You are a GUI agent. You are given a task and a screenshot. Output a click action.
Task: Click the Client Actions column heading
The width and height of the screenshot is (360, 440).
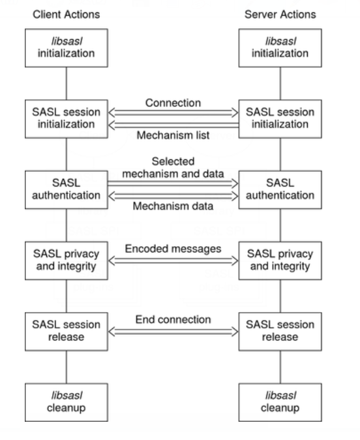point(66,14)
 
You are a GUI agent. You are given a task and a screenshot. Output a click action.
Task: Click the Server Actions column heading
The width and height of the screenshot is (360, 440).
point(280,14)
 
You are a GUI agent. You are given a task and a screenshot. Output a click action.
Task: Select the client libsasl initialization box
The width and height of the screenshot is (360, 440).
point(67,48)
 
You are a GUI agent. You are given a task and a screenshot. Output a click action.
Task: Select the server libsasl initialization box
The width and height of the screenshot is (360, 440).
point(280,48)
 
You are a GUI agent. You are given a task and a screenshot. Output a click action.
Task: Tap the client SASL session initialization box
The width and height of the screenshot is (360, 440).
point(67,119)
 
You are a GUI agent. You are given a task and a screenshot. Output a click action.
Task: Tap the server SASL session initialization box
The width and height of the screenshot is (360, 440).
point(280,119)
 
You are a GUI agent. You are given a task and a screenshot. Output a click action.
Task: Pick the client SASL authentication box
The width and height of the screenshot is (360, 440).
point(67,190)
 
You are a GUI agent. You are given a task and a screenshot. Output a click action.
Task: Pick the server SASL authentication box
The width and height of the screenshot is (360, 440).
point(280,190)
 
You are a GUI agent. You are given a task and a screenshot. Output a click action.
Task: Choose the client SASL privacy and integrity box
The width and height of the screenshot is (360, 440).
point(67,260)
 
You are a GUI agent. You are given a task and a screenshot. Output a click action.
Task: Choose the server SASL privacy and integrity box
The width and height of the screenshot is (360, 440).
point(280,260)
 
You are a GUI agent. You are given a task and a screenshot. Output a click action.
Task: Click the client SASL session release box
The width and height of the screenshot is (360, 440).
point(67,332)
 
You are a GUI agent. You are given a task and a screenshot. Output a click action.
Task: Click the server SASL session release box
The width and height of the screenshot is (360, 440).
point(280,332)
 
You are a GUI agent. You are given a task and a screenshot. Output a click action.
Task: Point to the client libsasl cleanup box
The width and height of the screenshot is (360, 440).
point(67,402)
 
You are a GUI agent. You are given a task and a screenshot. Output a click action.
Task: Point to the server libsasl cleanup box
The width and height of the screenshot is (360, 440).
point(280,402)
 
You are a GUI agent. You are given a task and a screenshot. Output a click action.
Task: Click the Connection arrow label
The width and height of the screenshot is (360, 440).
point(173,103)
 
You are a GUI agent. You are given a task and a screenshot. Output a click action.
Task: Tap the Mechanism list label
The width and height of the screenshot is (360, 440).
point(173,135)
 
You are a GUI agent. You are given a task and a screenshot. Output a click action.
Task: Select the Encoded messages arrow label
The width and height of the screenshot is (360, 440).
point(173,249)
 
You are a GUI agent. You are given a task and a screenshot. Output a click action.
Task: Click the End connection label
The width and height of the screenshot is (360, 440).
point(173,320)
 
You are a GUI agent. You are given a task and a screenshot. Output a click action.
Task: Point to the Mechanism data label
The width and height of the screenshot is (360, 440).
point(173,206)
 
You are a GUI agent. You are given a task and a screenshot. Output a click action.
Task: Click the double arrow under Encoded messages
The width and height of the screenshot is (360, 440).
point(173,261)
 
